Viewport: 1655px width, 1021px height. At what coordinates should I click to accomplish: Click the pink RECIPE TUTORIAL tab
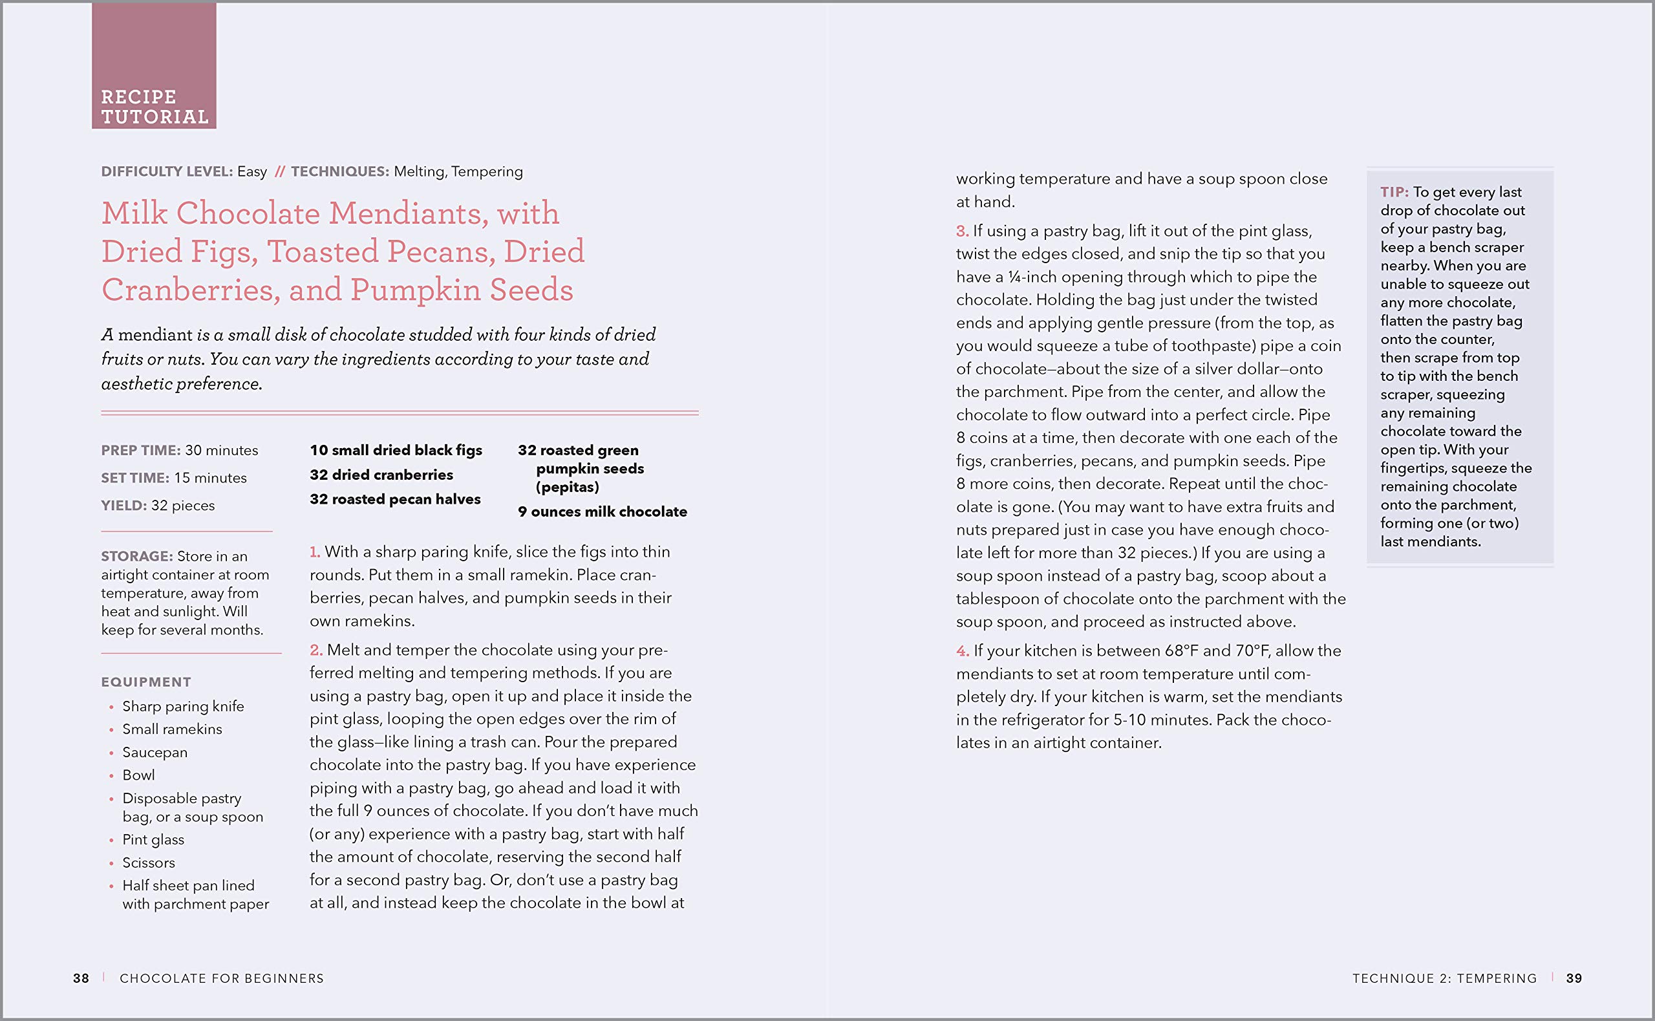click(x=154, y=66)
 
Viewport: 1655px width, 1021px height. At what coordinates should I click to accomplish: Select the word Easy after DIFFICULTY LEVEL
click(x=251, y=171)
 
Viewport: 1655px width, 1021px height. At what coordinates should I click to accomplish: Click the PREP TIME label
click(x=140, y=451)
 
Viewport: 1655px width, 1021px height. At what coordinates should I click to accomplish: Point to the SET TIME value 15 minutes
click(x=210, y=478)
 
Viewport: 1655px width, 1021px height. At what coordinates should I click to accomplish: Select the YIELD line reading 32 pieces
click(x=158, y=506)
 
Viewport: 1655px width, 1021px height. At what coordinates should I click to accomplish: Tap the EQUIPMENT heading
click(x=146, y=682)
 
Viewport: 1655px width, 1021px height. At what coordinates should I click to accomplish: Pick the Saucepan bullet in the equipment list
click(x=155, y=752)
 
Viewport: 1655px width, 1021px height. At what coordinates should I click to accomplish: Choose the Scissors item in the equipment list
click(x=149, y=863)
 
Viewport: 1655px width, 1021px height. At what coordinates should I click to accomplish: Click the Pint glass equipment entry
click(x=153, y=840)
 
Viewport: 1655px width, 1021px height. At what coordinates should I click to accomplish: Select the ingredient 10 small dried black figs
click(x=396, y=451)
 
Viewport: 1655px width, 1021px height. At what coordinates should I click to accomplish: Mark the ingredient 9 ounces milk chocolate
click(x=602, y=512)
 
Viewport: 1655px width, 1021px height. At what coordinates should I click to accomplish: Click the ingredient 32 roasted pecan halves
click(x=395, y=500)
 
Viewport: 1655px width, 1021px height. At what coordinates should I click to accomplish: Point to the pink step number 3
click(x=961, y=231)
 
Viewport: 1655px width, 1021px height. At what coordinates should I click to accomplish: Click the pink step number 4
click(x=962, y=652)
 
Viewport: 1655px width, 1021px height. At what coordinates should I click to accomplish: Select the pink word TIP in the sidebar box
click(x=1393, y=193)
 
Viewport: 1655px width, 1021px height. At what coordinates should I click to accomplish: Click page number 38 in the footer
click(x=81, y=978)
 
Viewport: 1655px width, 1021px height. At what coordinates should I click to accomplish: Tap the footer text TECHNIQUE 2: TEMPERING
click(x=1444, y=978)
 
